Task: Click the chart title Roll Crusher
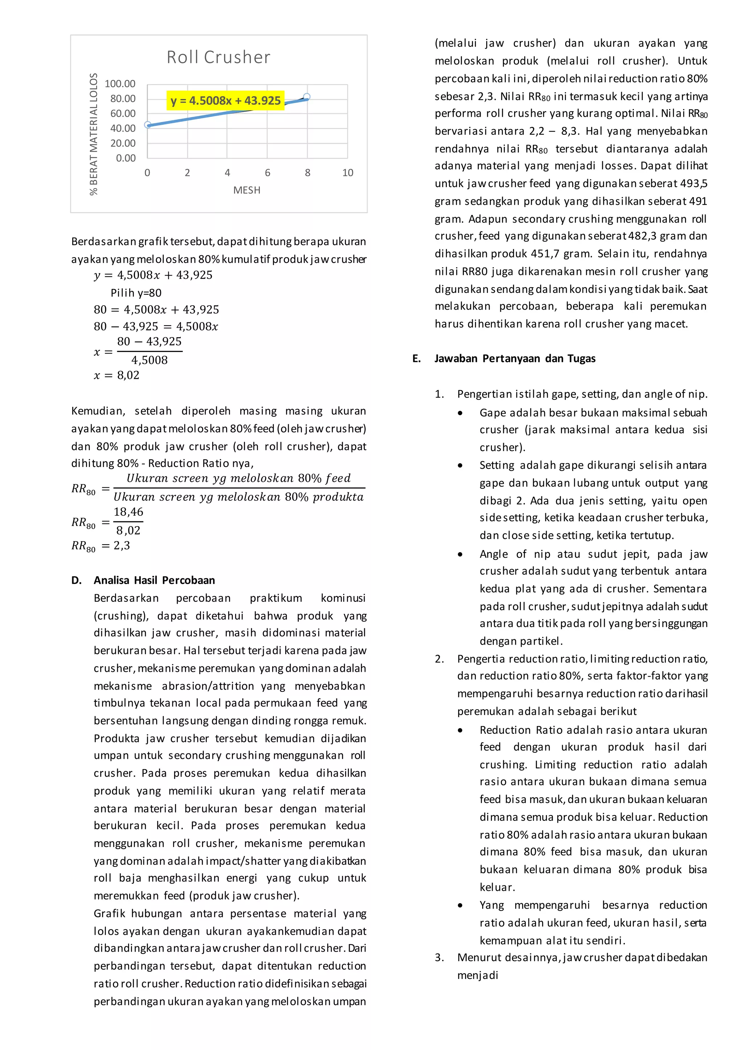(x=218, y=57)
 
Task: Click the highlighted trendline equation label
(x=226, y=100)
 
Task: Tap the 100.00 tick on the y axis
(x=120, y=84)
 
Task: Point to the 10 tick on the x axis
(x=348, y=173)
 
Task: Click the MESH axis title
(x=247, y=190)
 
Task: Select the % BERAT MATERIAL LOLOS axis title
(x=94, y=135)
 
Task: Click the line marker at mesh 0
(x=148, y=125)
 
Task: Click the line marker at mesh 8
(x=307, y=97)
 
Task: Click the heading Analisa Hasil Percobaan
(x=154, y=580)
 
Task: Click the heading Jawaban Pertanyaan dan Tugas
(x=515, y=359)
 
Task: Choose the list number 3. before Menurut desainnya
(x=439, y=958)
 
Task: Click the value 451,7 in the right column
(x=545, y=254)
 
